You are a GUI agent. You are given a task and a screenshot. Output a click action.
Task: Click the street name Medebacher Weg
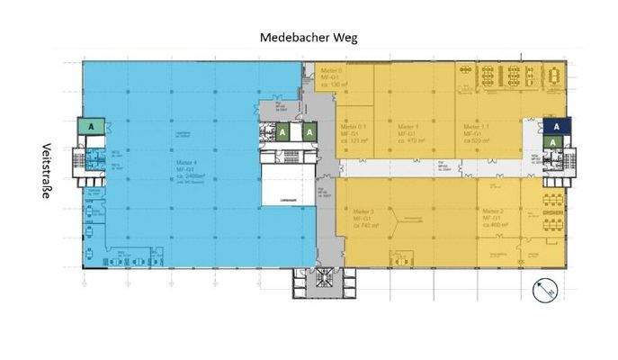[309, 37]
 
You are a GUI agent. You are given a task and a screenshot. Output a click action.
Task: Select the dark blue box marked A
[557, 127]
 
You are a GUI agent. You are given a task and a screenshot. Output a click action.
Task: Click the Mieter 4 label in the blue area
[186, 167]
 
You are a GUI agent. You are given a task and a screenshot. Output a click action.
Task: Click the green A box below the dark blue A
[557, 144]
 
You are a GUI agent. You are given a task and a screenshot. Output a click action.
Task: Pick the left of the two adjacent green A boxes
[282, 132]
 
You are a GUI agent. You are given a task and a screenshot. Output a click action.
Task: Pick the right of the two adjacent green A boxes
[309, 132]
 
